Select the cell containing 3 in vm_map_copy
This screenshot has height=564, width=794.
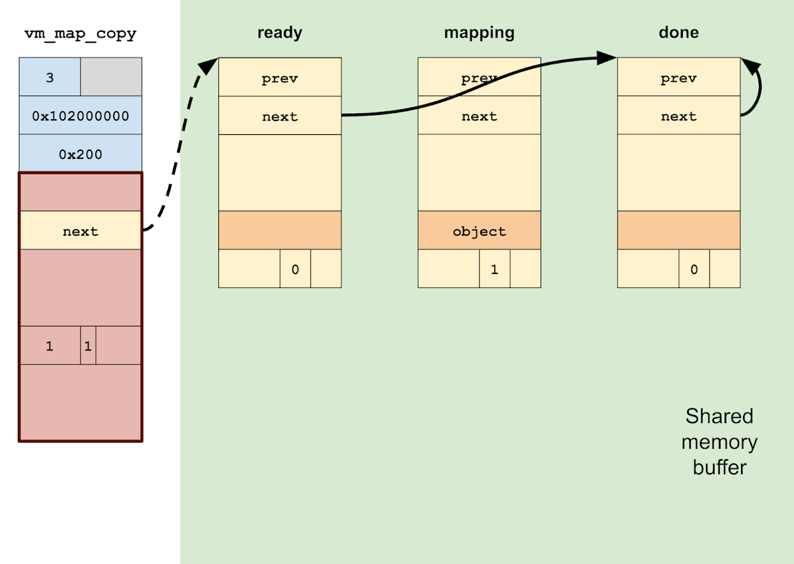(x=50, y=77)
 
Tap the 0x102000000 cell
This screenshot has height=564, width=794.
(x=80, y=116)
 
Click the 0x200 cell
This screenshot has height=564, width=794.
(x=80, y=154)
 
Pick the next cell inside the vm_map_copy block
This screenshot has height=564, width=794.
(x=80, y=231)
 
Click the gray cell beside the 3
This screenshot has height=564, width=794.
(x=111, y=77)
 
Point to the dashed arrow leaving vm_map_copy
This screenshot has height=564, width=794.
(x=175, y=152)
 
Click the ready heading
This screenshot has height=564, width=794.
(x=279, y=33)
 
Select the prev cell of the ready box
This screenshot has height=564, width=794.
(x=280, y=78)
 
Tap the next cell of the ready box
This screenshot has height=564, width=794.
(x=280, y=117)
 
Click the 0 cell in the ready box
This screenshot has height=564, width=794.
(x=295, y=269)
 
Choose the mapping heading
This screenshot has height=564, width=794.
(x=479, y=33)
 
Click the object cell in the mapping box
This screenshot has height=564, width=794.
(x=479, y=231)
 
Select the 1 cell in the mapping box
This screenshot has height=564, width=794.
(x=494, y=269)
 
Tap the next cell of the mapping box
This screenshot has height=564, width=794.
(x=479, y=117)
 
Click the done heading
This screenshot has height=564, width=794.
(x=678, y=33)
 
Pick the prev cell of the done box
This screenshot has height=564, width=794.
(x=678, y=78)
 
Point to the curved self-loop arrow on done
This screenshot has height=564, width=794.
(x=756, y=89)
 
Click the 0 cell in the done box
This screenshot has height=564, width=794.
(x=694, y=269)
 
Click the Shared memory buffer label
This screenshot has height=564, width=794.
(x=719, y=442)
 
